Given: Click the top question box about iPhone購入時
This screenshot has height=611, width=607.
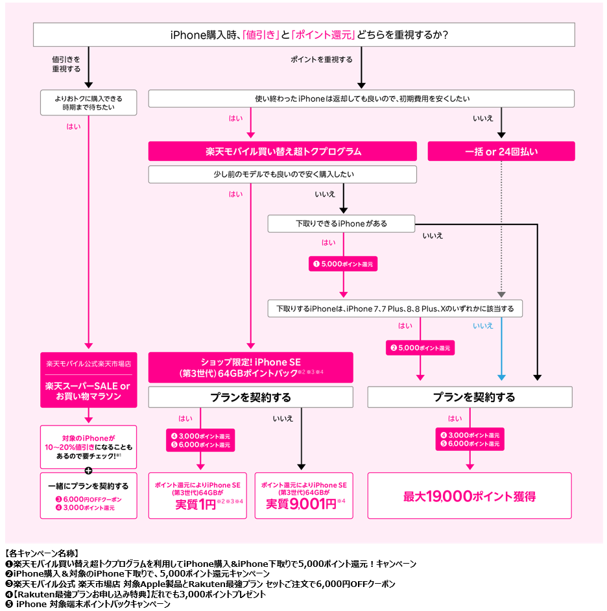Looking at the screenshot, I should [x=303, y=35].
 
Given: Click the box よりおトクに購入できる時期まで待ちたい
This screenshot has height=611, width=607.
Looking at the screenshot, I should [x=89, y=102].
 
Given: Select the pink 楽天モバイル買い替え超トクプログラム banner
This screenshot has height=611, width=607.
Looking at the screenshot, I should [x=283, y=151].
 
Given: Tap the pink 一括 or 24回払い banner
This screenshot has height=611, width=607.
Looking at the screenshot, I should [x=501, y=151].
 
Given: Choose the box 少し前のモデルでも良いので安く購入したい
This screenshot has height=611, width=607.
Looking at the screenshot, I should [x=283, y=174].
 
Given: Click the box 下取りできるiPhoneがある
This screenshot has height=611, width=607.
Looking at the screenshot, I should [x=341, y=224].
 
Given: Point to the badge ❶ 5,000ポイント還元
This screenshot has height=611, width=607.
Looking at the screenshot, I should [x=344, y=264].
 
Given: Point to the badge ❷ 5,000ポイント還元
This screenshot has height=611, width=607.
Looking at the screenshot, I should [x=420, y=348].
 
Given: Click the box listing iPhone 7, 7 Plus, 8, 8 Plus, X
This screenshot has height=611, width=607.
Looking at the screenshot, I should [x=395, y=308].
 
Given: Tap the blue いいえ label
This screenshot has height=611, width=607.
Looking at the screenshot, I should [x=483, y=326].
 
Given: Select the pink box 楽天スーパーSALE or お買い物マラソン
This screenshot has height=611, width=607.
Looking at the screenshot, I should [x=88, y=391].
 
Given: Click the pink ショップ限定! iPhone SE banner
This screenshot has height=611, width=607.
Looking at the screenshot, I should [x=250, y=367].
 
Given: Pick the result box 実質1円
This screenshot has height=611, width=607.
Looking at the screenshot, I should [x=197, y=496].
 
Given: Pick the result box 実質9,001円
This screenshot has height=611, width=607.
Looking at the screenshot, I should [x=303, y=496].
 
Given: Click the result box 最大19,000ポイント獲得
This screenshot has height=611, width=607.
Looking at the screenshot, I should [x=470, y=496].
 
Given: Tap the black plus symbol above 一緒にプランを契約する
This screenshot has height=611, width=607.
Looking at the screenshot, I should [x=88, y=471].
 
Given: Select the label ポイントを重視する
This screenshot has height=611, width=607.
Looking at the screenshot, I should [x=322, y=60].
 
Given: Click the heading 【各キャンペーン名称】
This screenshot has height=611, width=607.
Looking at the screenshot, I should [x=41, y=554].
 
